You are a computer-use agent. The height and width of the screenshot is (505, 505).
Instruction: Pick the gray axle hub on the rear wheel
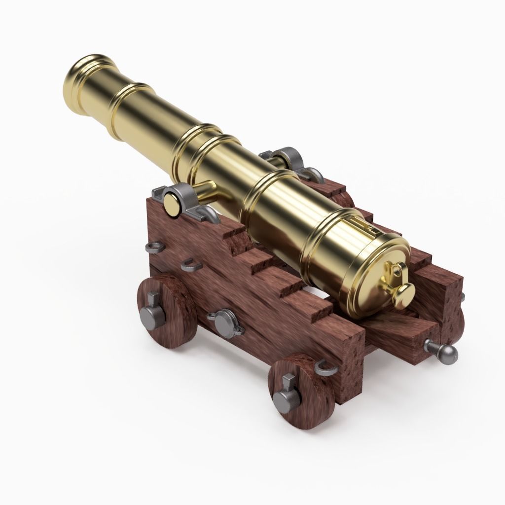(283, 397)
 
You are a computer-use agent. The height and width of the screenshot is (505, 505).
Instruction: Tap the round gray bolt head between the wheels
(224, 321)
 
